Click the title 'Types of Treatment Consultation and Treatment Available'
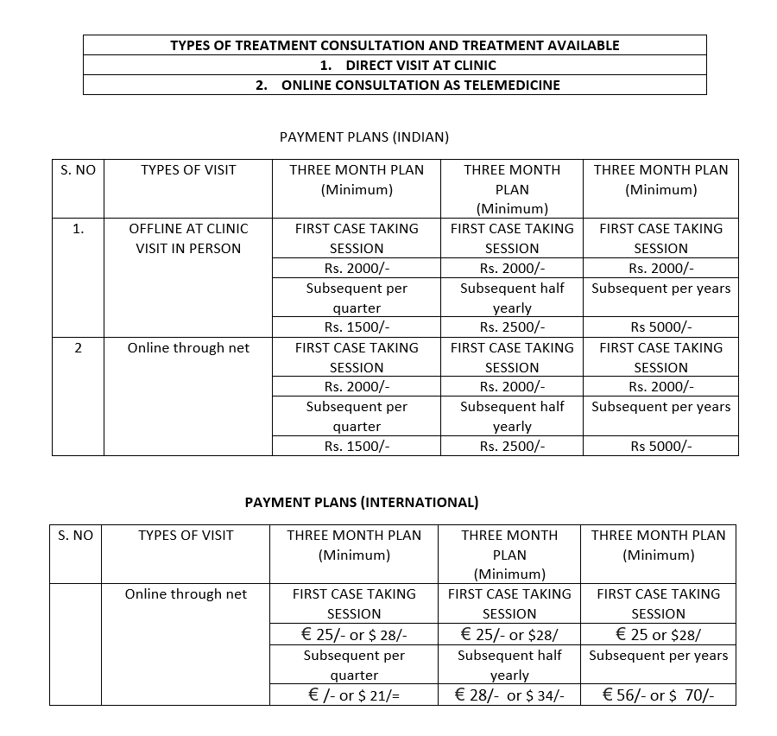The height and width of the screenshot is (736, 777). tap(395, 45)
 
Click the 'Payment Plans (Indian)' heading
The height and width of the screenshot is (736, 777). tap(364, 136)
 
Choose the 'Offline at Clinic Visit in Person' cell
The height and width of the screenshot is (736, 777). tap(188, 238)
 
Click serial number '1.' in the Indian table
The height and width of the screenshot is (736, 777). tap(78, 229)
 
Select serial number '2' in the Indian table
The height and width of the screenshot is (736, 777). tap(78, 348)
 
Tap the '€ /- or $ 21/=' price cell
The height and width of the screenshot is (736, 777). tap(354, 695)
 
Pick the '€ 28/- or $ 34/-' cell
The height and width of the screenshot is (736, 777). tap(509, 695)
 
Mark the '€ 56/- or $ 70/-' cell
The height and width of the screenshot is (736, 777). tap(658, 695)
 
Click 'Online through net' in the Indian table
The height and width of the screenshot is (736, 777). tap(188, 348)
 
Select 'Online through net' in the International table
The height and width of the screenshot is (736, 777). tap(186, 594)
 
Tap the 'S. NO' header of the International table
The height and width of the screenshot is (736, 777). tap(75, 536)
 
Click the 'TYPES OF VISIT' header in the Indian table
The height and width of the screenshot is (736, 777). tap(188, 170)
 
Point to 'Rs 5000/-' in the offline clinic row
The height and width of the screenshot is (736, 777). tap(661, 327)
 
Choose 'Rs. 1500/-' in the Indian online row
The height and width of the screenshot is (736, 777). tap(357, 446)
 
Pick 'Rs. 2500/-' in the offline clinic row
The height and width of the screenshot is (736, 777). tap(512, 327)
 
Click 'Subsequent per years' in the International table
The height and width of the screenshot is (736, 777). tap(658, 655)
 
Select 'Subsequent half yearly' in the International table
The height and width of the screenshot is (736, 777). tap(509, 665)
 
